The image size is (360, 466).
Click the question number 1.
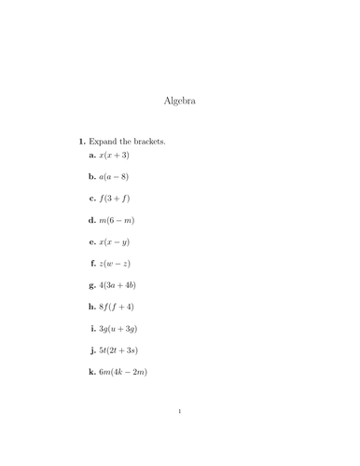tap(82, 141)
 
